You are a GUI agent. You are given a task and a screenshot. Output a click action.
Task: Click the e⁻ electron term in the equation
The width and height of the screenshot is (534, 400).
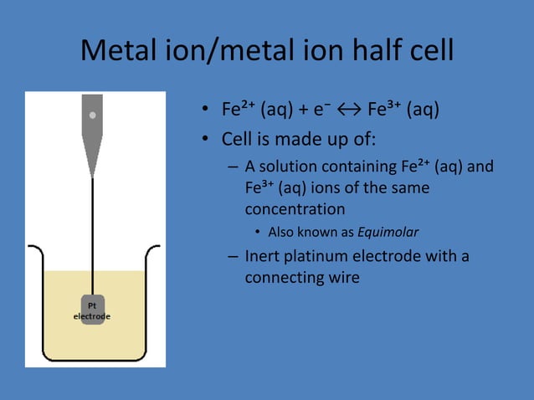pyautogui.click(x=322, y=110)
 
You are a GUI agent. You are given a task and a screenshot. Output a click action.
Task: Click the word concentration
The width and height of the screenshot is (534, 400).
pyautogui.click(x=295, y=209)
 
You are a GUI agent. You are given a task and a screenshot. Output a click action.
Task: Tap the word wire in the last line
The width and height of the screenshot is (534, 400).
pyautogui.click(x=344, y=277)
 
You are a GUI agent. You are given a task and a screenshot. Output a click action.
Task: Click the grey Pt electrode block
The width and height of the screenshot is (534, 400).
pyautogui.click(x=92, y=309)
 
